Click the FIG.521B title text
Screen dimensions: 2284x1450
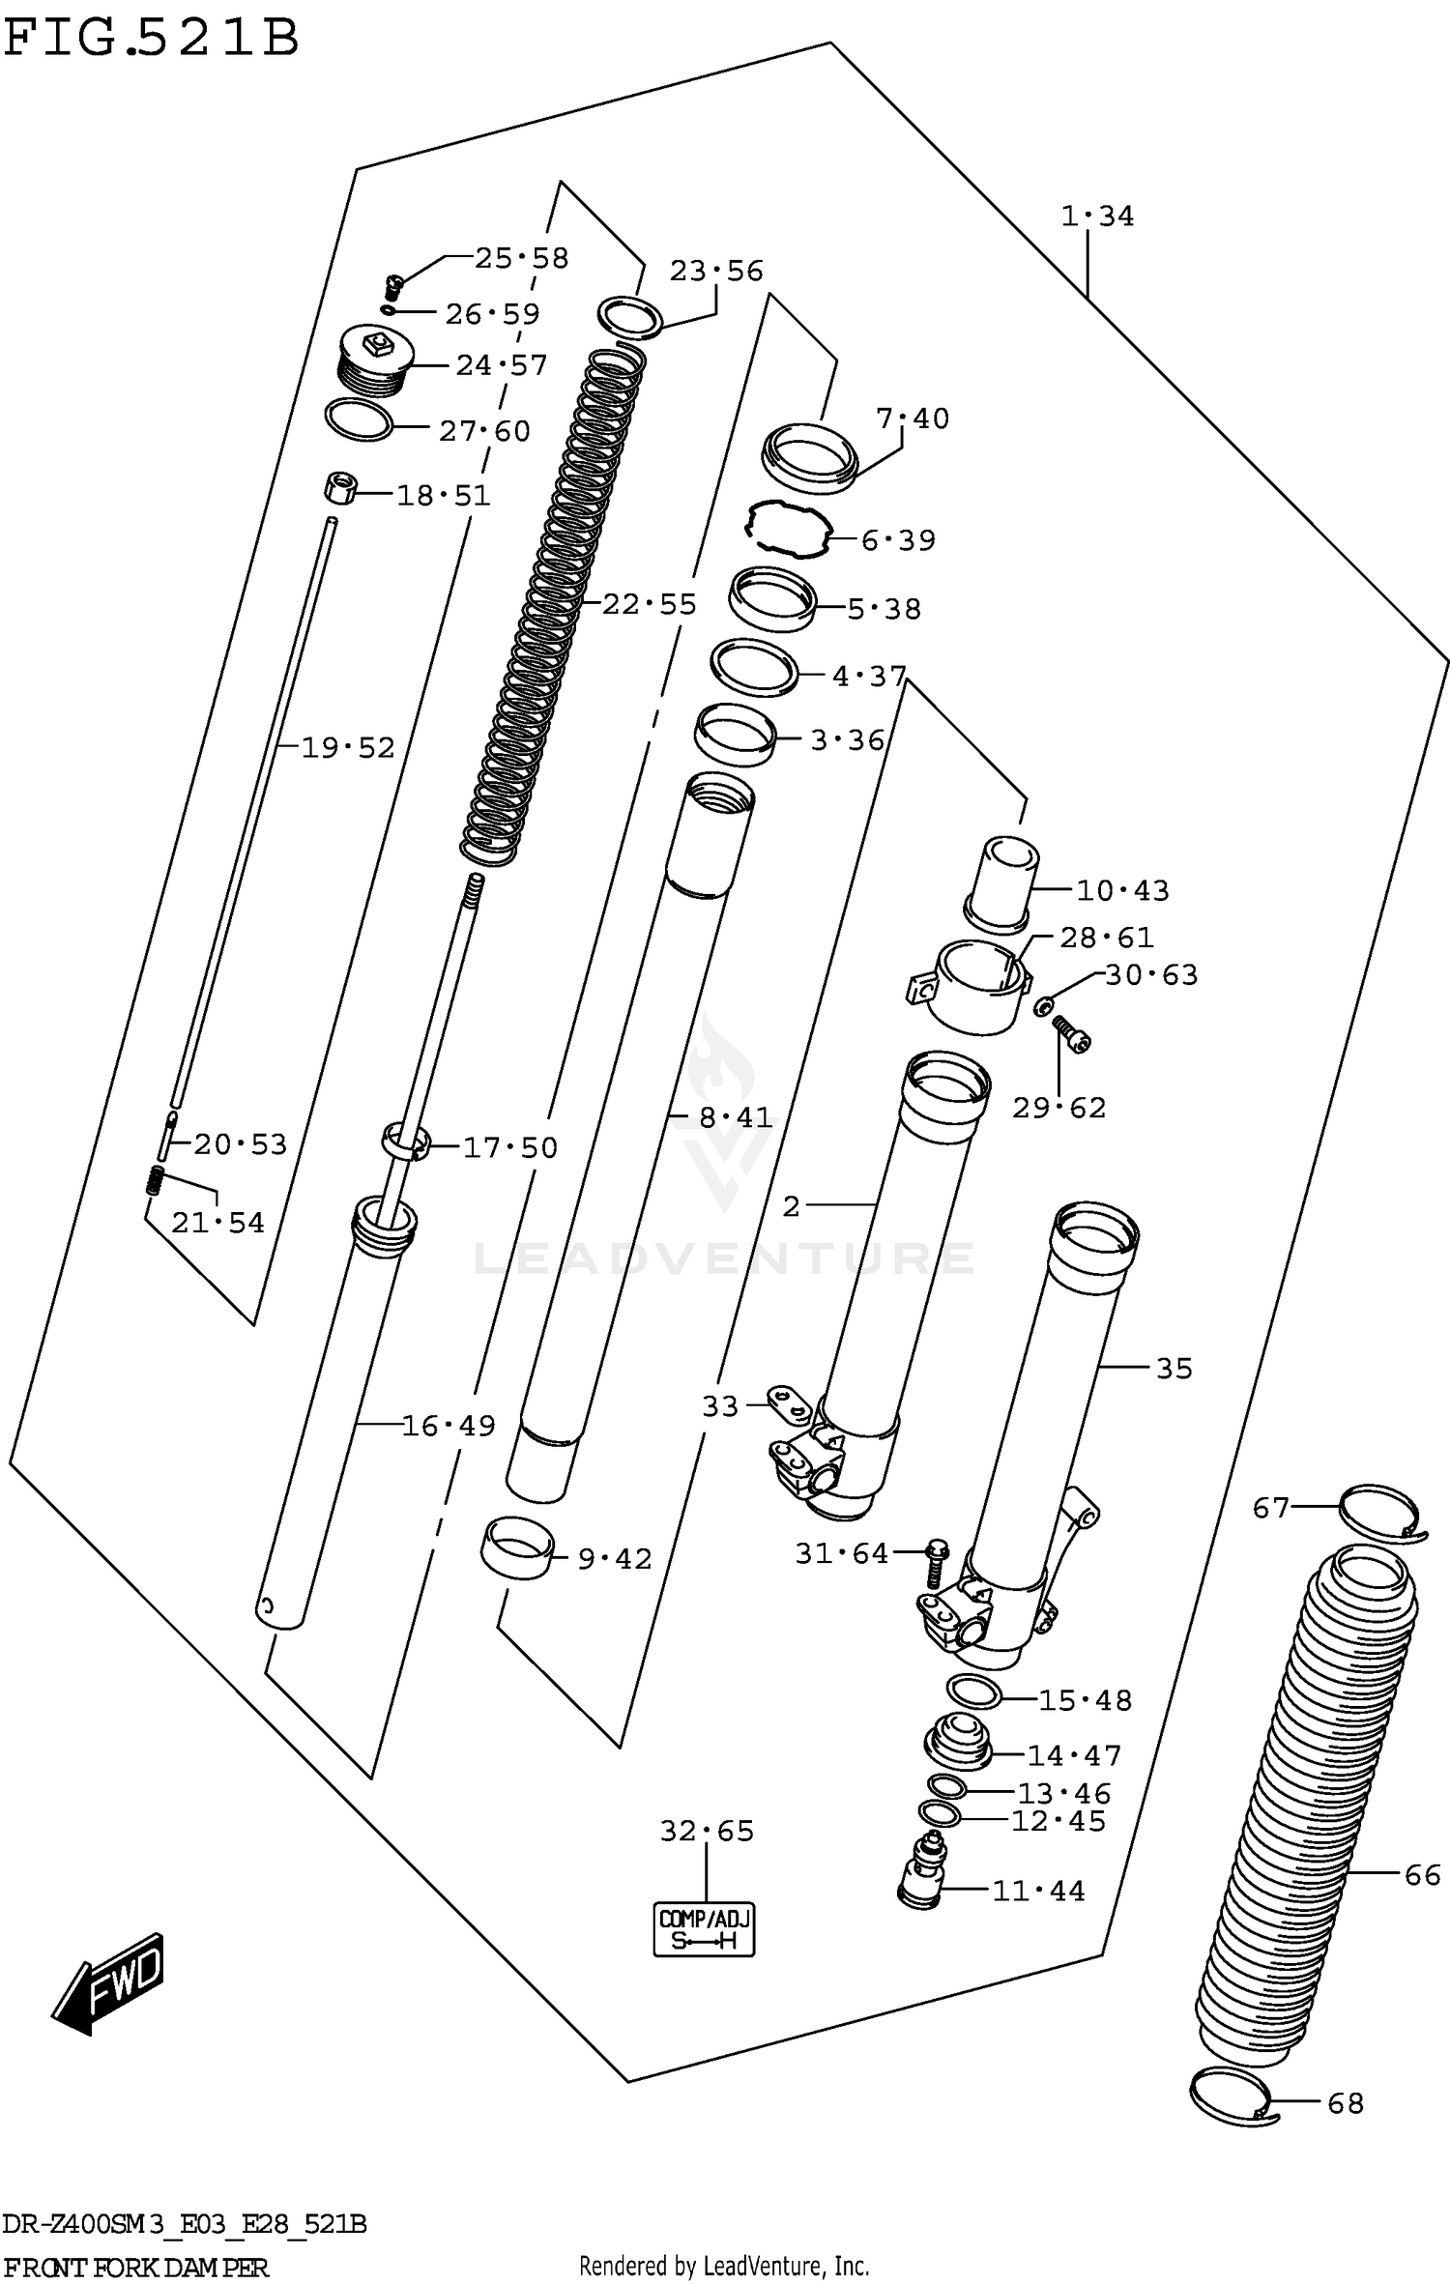(152, 40)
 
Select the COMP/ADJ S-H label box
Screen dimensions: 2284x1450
(704, 1929)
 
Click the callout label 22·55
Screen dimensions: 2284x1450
(649, 605)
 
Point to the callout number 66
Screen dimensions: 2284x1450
(1422, 1875)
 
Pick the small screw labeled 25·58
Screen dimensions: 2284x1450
(392, 285)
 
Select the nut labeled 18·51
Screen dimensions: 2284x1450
(339, 487)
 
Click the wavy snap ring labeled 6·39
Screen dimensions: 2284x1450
(788, 530)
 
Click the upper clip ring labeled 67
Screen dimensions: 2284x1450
(1378, 1511)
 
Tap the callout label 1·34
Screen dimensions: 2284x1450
(1097, 217)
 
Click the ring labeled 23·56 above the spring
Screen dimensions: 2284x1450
(630, 317)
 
